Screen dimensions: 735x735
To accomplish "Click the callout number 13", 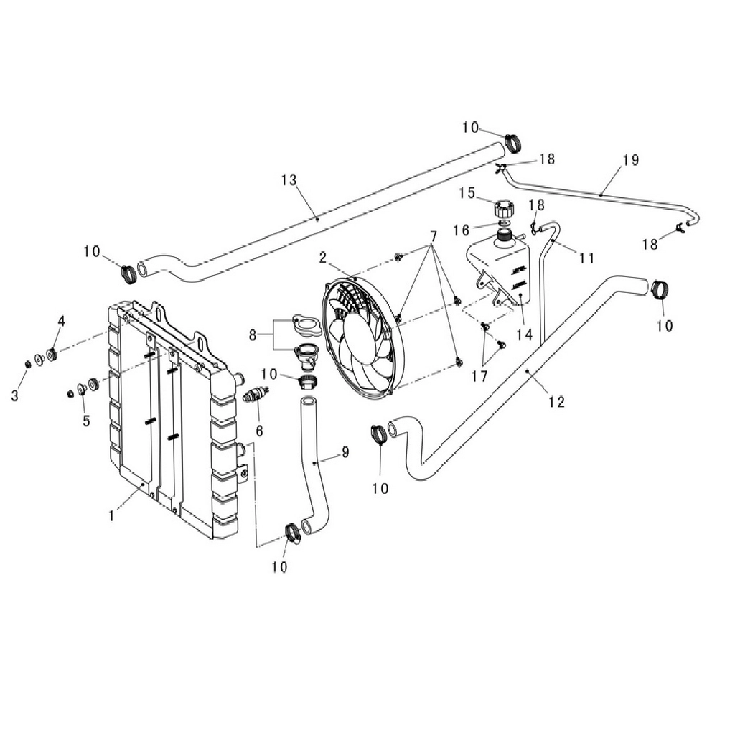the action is [x=289, y=180].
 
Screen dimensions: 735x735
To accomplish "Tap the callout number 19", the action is [x=631, y=160].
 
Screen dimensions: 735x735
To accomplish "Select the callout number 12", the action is [x=557, y=402].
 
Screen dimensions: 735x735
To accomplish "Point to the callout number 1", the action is [x=111, y=516].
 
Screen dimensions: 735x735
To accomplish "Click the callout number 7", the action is [x=434, y=237].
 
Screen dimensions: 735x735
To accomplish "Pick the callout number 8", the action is [x=253, y=335].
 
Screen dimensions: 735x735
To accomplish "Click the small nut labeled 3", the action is [x=28, y=364].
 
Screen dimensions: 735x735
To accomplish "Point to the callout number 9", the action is [x=345, y=452].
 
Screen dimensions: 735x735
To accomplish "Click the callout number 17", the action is [x=479, y=376].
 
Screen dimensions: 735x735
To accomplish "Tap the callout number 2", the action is [x=322, y=258].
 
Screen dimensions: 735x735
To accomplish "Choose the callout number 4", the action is [x=62, y=321].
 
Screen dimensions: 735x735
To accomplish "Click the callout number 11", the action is [x=587, y=258].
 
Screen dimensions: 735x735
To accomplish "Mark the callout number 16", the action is [x=462, y=230].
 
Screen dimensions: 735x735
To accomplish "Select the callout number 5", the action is [x=86, y=421].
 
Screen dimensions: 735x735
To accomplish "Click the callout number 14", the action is [x=525, y=334].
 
